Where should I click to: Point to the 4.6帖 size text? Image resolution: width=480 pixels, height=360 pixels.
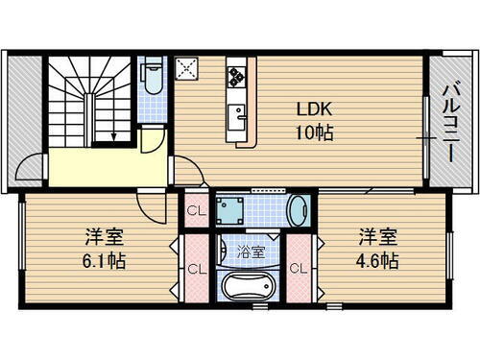pyautogui.click(x=379, y=259)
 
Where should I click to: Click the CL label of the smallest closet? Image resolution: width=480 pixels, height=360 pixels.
pyautogui.click(x=195, y=209)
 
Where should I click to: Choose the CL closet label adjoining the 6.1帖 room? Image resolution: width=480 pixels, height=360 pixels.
pyautogui.click(x=195, y=269)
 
